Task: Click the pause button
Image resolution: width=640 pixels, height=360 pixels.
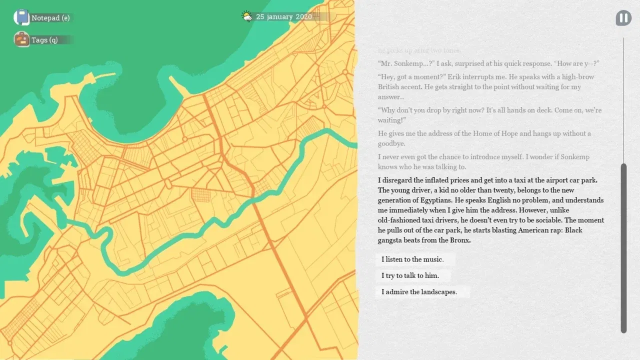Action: [623, 18]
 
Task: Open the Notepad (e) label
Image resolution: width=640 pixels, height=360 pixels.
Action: [50, 18]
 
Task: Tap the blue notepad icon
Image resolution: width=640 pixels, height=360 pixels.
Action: [21, 17]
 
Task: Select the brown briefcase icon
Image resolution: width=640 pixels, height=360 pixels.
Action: [21, 39]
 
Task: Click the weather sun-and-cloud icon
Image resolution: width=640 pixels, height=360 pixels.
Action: [247, 16]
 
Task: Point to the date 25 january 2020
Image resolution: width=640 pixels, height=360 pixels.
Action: [284, 17]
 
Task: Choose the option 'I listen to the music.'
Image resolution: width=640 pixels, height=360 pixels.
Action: [412, 259]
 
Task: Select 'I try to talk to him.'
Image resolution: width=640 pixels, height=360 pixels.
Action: [410, 275]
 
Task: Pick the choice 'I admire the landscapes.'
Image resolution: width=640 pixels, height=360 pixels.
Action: [419, 292]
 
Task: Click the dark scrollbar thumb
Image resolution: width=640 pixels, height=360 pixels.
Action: [623, 247]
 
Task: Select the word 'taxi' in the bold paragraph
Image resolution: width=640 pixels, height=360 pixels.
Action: [512, 180]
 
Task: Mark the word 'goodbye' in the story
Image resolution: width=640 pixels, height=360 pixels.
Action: [390, 143]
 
